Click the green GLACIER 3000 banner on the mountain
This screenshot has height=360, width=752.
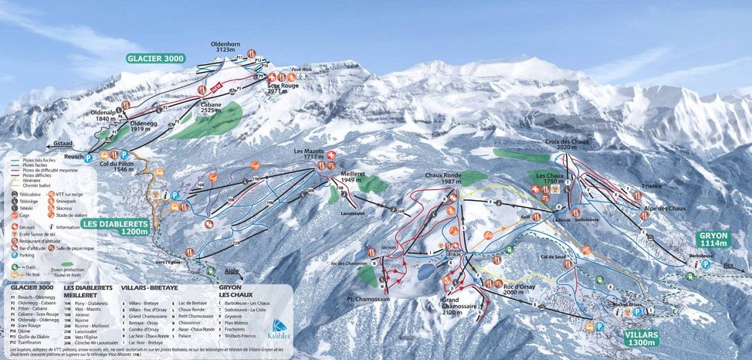tap(156, 59)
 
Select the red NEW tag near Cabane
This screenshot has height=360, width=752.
tap(217, 86)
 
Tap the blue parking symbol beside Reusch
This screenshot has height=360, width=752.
tap(88, 158)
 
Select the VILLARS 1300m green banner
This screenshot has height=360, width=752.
tap(642, 339)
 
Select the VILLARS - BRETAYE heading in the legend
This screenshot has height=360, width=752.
tap(149, 287)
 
